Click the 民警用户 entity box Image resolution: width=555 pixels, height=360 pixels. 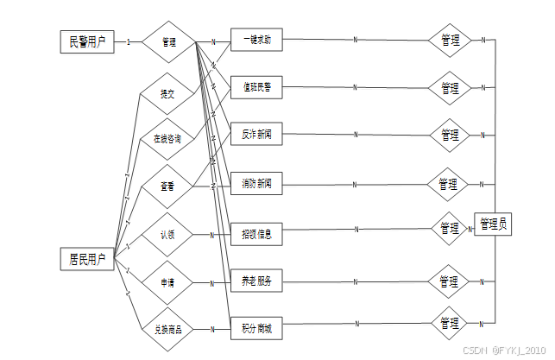[x=87, y=41]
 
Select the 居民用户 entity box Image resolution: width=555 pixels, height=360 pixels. [x=88, y=258]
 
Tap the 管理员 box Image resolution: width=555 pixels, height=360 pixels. [x=493, y=224]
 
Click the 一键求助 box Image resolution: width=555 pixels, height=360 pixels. [x=257, y=40]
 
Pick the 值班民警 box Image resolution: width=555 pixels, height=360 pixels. [x=257, y=87]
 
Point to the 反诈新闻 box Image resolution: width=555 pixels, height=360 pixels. [x=257, y=135]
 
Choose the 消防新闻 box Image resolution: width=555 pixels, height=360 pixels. [x=257, y=183]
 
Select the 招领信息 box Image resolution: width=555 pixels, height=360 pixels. [x=257, y=233]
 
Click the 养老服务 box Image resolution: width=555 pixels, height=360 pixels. [x=257, y=281]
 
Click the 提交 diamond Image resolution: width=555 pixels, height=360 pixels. [x=167, y=93]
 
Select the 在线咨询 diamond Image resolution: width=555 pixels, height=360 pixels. [x=167, y=138]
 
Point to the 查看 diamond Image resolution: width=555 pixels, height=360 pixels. [x=167, y=186]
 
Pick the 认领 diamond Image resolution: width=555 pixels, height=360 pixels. [x=167, y=234]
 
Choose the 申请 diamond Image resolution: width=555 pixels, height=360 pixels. [x=167, y=281]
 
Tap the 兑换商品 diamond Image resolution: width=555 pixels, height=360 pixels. [x=167, y=329]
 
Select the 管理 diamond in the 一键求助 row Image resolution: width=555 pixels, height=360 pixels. [x=450, y=40]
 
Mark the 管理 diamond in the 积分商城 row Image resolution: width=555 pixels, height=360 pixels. [x=450, y=324]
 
